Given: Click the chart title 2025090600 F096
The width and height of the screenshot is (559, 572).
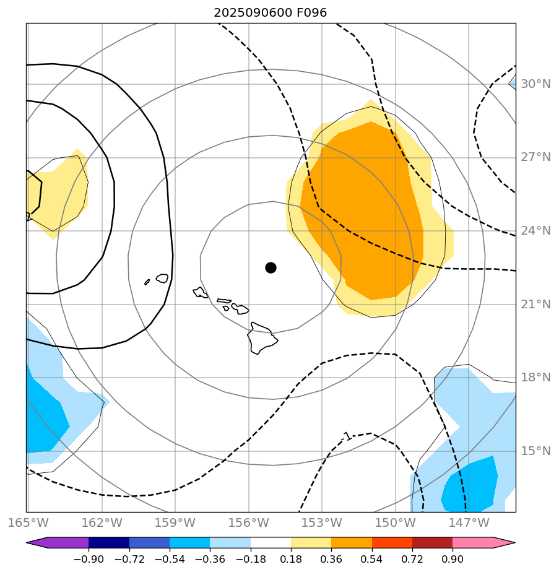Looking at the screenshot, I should pyautogui.click(x=270, y=12).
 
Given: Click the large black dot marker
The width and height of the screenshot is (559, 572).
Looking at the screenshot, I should pyautogui.click(x=271, y=267).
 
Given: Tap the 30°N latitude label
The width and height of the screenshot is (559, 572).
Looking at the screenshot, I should pyautogui.click(x=535, y=84).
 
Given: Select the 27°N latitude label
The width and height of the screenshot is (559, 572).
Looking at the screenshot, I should pyautogui.click(x=535, y=157).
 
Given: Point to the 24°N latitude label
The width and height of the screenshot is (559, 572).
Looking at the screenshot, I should pyautogui.click(x=535, y=231).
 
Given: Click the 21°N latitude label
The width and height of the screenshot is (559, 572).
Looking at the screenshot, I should pyautogui.click(x=535, y=304).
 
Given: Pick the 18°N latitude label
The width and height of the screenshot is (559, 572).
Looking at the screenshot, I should pyautogui.click(x=535, y=378).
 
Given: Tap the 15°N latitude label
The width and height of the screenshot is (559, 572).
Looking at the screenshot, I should pyautogui.click(x=535, y=451).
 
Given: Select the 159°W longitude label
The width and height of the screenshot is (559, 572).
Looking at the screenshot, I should pyautogui.click(x=175, y=522).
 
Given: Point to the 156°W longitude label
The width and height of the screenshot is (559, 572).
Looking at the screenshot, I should pyautogui.click(x=249, y=522).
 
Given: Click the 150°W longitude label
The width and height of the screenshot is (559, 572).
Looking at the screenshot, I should pyautogui.click(x=395, y=522).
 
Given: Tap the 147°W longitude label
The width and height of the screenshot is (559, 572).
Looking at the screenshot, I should pyautogui.click(x=469, y=522).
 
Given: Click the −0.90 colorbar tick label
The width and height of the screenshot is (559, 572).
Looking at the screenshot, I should pyautogui.click(x=89, y=559).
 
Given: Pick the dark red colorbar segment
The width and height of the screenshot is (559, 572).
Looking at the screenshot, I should pyautogui.click(x=432, y=543).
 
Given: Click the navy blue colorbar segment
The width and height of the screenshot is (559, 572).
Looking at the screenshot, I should pyautogui.click(x=109, y=543).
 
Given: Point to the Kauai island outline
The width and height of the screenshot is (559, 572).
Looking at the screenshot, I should pyautogui.click(x=162, y=279).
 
